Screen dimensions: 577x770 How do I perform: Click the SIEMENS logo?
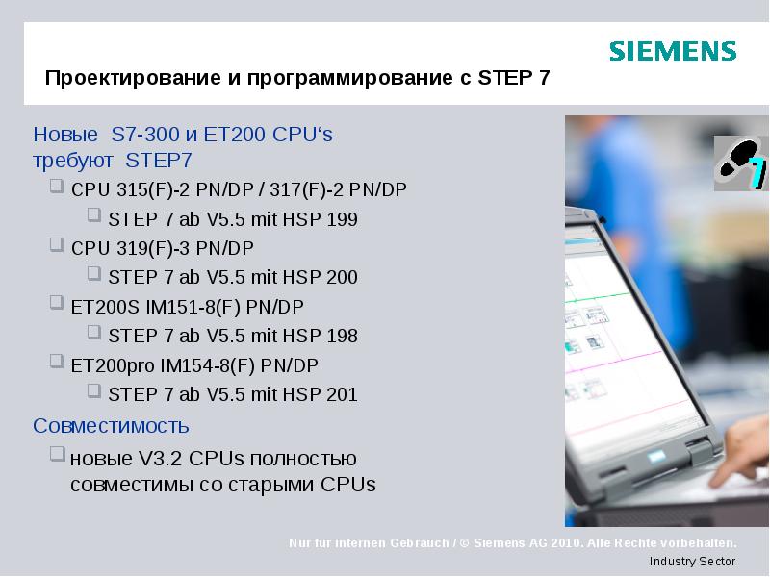673,52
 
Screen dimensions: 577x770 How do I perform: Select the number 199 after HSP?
342,219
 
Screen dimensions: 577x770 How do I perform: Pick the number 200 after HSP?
342,278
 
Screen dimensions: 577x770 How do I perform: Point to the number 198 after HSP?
342,336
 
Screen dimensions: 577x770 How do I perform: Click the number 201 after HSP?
342,394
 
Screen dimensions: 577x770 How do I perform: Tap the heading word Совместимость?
111,425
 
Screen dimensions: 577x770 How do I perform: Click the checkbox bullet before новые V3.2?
57,454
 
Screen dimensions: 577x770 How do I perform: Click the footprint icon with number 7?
740,164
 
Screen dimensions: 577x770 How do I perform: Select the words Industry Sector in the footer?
692,561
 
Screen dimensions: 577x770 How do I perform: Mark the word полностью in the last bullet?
308,458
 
